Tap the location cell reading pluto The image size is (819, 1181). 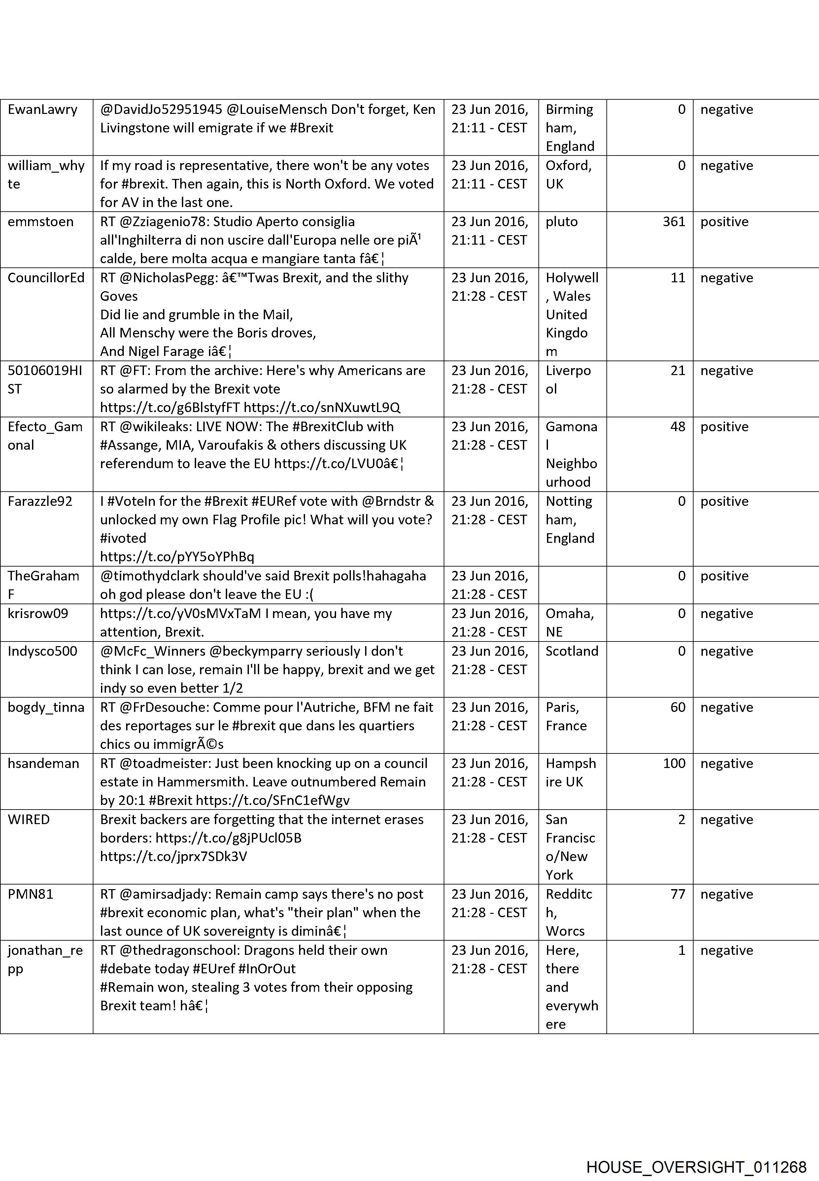tap(562, 222)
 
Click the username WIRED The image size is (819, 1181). tap(29, 820)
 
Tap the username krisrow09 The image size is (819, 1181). tap(38, 614)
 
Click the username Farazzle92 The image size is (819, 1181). tap(40, 502)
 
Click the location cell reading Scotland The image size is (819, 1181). tap(572, 651)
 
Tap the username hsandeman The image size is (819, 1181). tap(44, 764)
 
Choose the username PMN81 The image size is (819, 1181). tap(31, 894)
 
